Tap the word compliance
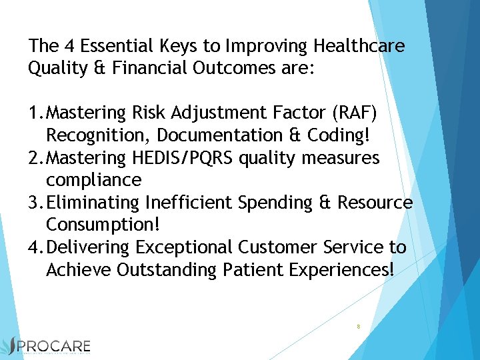pos(93,180)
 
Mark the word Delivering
pos(89,247)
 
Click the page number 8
pos(359,327)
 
